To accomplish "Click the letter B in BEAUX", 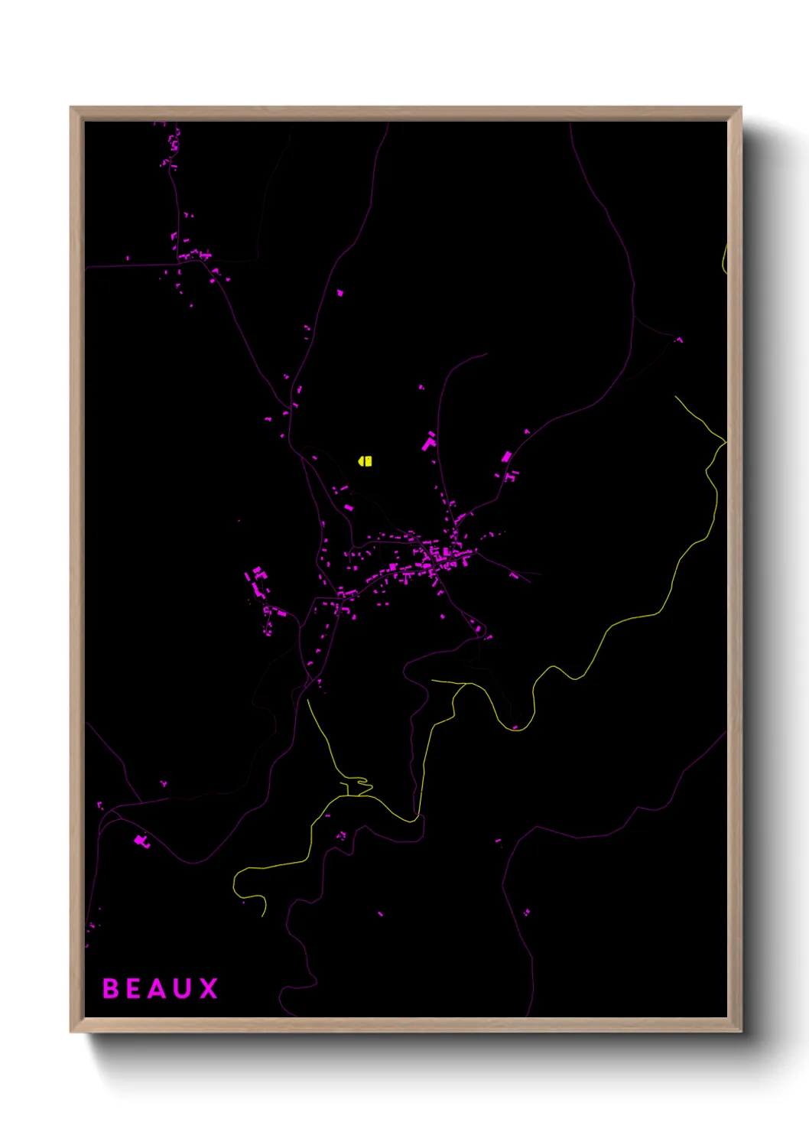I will pos(110,988).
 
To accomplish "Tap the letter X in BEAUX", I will pos(208,988).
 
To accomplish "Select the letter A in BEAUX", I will pos(157,988).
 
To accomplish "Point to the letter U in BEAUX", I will pos(183,988).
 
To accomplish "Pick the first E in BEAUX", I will pos(133,988).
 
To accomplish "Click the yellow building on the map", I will pos(366,460).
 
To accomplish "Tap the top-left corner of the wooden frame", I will pos(71,108).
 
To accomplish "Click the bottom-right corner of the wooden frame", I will pos(739,1031).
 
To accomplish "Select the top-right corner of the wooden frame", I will pos(739,108).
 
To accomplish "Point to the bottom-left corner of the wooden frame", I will pos(71,1031).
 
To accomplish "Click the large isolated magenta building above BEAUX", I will pos(141,841).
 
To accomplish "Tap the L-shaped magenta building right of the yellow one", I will pos(429,442).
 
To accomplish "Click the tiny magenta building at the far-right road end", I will pos(679,339).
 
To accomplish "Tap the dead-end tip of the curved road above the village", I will pos(486,353).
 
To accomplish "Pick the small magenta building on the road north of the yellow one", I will pos(340,292).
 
